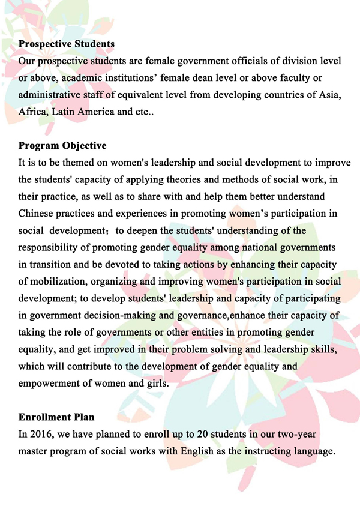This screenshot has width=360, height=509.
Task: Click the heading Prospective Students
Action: tap(67, 44)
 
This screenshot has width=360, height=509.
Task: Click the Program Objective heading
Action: tap(62, 146)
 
